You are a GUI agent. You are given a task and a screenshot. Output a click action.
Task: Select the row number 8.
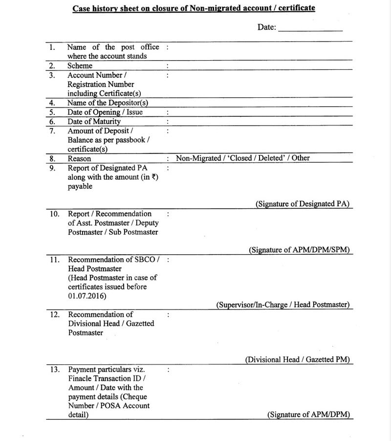tap(52, 158)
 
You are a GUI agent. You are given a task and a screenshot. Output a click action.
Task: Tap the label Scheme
tap(80, 66)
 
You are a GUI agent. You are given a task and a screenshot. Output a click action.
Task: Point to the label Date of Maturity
tap(94, 121)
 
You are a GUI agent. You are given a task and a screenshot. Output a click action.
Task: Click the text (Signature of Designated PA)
tap(303, 204)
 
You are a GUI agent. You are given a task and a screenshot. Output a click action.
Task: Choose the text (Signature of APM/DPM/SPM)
tap(299, 250)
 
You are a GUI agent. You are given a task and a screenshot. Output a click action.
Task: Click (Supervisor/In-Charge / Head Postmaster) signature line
tap(283, 305)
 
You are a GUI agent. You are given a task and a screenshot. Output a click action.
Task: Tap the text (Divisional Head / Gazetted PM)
tap(297, 359)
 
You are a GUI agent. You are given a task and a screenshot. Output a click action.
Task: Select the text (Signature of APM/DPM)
tap(308, 415)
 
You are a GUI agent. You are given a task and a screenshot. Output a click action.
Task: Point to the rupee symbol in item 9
tap(154, 177)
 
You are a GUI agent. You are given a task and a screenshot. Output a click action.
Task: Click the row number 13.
tap(55, 370)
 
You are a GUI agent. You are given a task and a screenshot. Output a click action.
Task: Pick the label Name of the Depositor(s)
tap(108, 103)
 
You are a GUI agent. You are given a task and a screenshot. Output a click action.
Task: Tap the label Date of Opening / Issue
tap(105, 112)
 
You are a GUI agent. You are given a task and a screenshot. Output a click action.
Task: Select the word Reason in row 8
tap(79, 158)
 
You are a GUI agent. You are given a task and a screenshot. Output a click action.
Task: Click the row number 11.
tap(55, 260)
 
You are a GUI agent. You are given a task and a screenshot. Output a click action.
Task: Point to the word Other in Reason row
tap(301, 158)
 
